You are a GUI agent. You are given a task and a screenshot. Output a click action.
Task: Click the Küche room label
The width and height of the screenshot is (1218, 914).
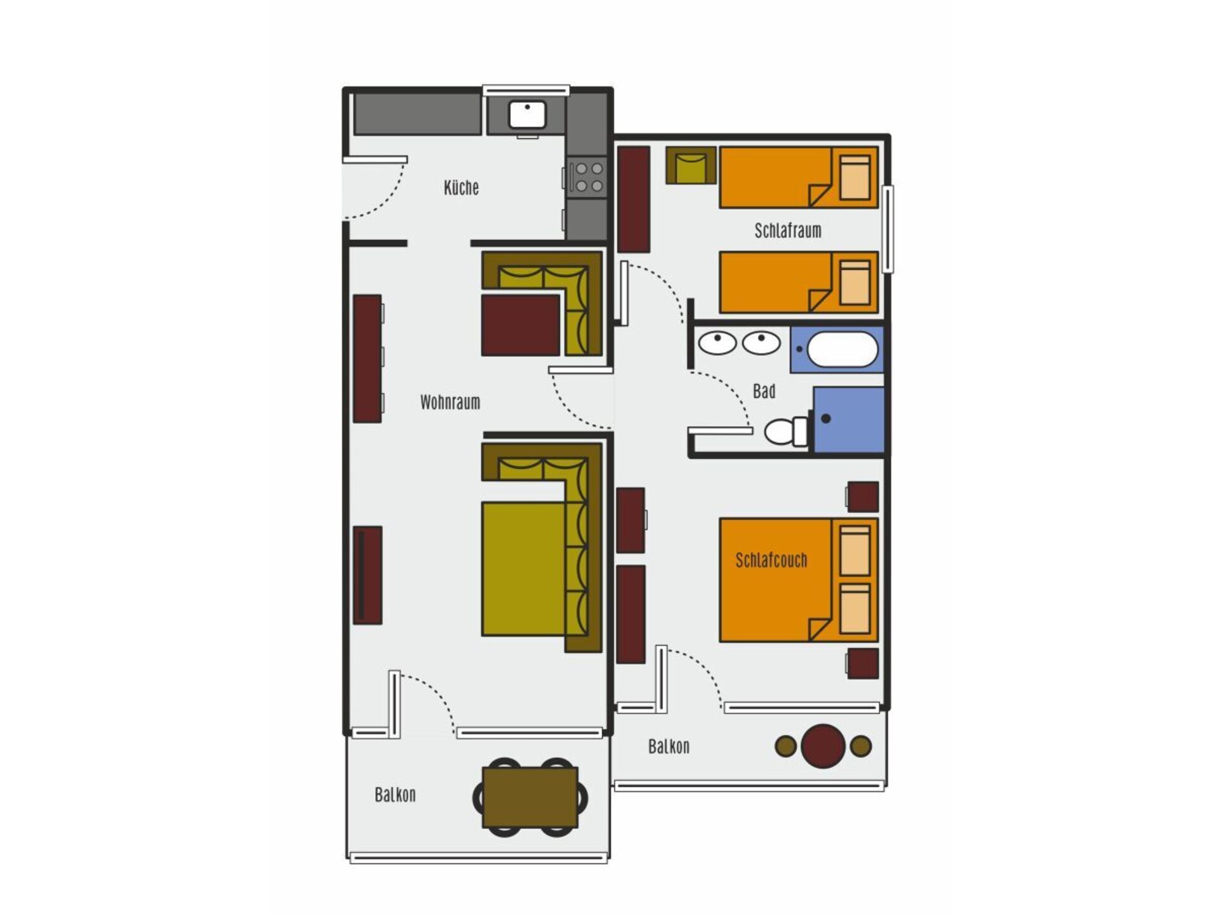coord(461,188)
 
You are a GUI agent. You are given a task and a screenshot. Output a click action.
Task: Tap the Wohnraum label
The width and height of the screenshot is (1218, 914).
coord(450,402)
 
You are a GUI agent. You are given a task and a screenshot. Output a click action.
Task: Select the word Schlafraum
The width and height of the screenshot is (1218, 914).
coord(788,230)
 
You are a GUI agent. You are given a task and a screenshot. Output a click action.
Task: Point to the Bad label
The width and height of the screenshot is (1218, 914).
coord(764,391)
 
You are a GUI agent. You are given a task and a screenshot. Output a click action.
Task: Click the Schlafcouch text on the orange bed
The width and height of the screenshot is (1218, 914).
coord(771,560)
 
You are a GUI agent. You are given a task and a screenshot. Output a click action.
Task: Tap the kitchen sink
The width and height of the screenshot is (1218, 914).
coord(527,115)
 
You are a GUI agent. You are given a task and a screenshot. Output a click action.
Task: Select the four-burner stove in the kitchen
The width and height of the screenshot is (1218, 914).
coord(587,177)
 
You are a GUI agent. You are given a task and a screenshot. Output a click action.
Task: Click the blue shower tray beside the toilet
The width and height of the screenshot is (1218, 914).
coord(849,420)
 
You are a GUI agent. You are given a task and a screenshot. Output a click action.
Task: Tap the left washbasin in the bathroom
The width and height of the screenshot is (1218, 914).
coord(717,343)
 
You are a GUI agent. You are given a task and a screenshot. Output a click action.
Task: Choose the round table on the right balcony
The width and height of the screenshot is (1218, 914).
coord(823,746)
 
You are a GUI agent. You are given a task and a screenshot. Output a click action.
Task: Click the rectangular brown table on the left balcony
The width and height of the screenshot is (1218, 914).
coord(530,797)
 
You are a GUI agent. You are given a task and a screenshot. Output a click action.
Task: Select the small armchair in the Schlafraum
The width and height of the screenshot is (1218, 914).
coord(691,166)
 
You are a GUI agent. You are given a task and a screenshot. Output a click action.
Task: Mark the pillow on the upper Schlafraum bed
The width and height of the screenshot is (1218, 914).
coord(855,177)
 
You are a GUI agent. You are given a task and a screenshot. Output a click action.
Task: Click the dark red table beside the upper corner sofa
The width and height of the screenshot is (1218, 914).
coord(521,325)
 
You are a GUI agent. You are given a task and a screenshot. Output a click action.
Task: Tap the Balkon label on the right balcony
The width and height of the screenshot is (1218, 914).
coord(669,746)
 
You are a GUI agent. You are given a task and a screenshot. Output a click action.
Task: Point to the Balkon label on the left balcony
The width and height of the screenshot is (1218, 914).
coord(395,795)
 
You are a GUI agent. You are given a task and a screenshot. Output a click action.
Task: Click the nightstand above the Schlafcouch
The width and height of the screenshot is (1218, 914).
coord(863,496)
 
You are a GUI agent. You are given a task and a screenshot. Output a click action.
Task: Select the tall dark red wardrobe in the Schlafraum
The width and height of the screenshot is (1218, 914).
coord(634,199)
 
